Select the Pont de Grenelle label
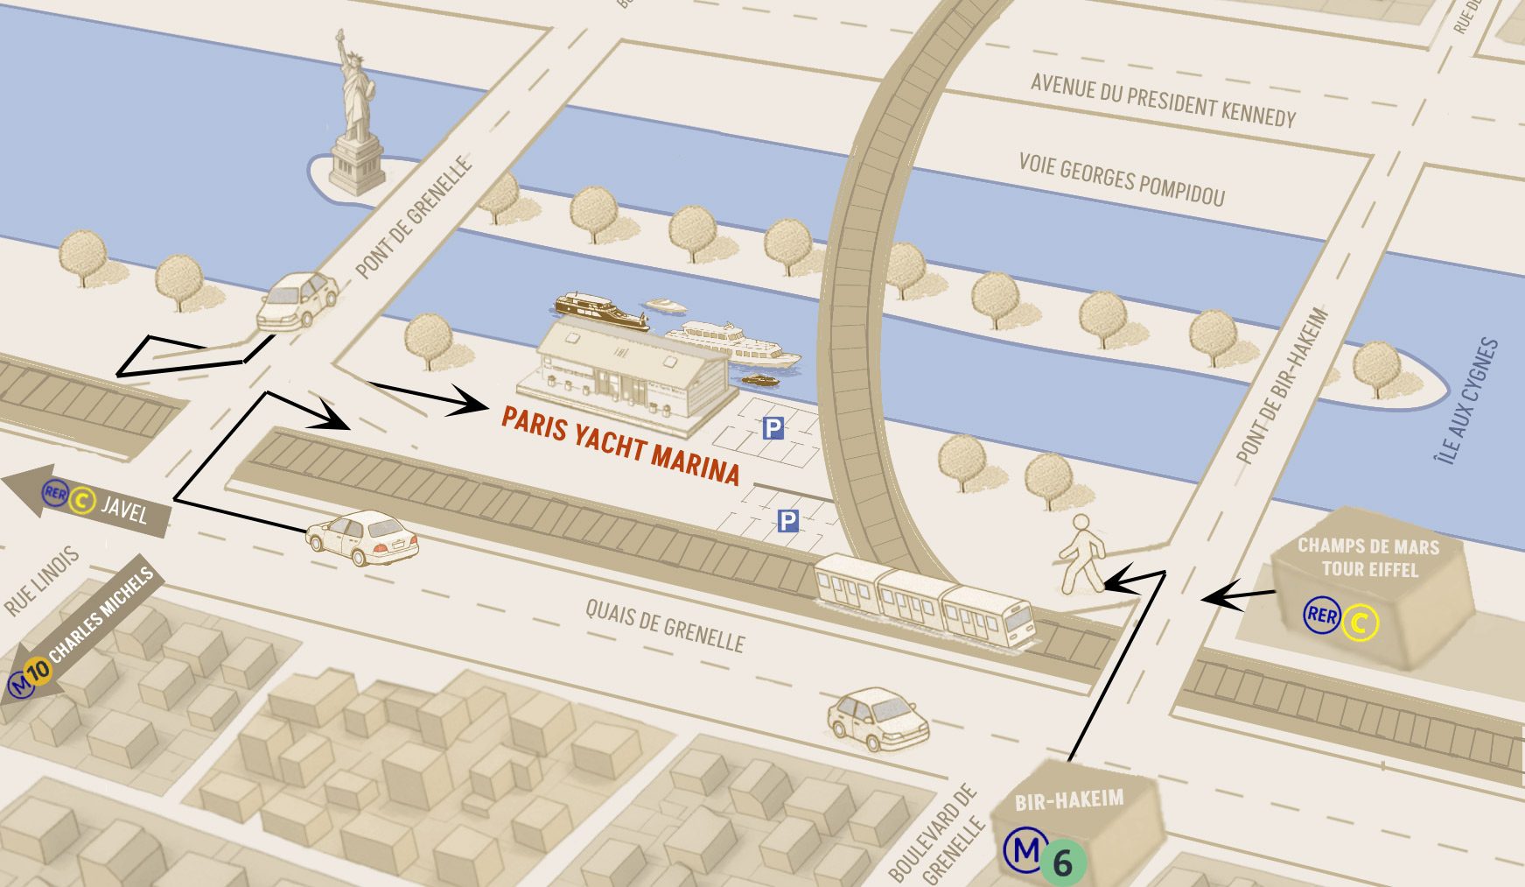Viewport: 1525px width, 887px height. pos(414,218)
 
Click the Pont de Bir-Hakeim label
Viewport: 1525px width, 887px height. pos(1282,385)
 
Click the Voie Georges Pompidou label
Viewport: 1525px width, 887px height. pos(1122,179)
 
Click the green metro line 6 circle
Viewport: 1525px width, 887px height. pos(1062,862)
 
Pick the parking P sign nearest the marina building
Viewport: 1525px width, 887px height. pos(773,428)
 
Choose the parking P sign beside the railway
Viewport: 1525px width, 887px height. pos(787,522)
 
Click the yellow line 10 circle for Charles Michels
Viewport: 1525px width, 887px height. pos(39,672)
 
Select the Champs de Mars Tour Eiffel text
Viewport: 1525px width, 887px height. pos(1368,558)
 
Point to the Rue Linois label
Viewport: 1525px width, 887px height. pos(42,580)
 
